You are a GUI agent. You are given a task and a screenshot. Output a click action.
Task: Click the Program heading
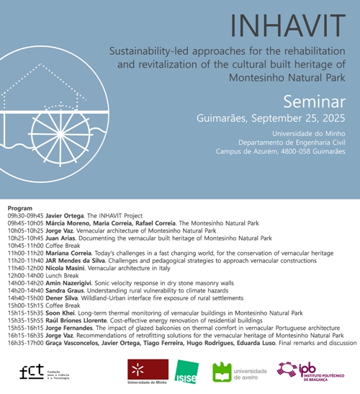19,207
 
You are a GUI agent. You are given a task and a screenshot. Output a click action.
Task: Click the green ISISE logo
185,372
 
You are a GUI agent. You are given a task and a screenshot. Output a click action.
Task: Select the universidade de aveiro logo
240,372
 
